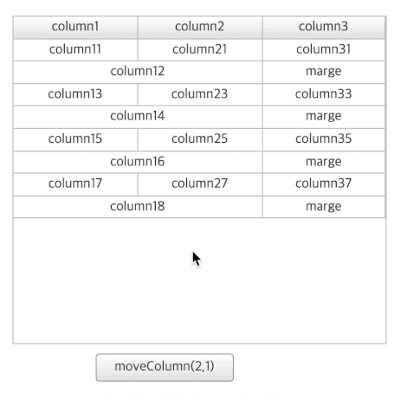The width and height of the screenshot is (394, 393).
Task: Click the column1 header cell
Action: [75, 28]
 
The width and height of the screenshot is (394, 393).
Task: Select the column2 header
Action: [200, 28]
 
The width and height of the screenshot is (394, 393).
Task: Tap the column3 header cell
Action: [324, 28]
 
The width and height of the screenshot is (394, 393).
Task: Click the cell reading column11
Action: [75, 50]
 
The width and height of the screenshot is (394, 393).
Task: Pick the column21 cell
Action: [200, 50]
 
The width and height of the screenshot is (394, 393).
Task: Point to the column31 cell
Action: [324, 50]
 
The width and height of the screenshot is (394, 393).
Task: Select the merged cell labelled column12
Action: [138, 72]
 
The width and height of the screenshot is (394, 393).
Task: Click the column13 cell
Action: [75, 94]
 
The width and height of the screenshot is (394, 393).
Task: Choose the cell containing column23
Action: [200, 94]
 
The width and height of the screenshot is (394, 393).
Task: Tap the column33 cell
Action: [324, 94]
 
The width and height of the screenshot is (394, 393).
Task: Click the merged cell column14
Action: [138, 117]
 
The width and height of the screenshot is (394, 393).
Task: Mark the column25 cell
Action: [200, 139]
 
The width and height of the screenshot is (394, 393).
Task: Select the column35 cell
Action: [324, 139]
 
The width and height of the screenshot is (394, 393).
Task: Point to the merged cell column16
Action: [138, 162]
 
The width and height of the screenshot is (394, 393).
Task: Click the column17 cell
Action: [75, 184]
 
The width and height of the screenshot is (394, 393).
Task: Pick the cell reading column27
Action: [200, 184]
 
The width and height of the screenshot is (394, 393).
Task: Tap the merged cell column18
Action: [138, 207]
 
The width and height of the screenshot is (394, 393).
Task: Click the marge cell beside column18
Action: [324, 207]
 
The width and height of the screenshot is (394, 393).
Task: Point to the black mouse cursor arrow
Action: [197, 260]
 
